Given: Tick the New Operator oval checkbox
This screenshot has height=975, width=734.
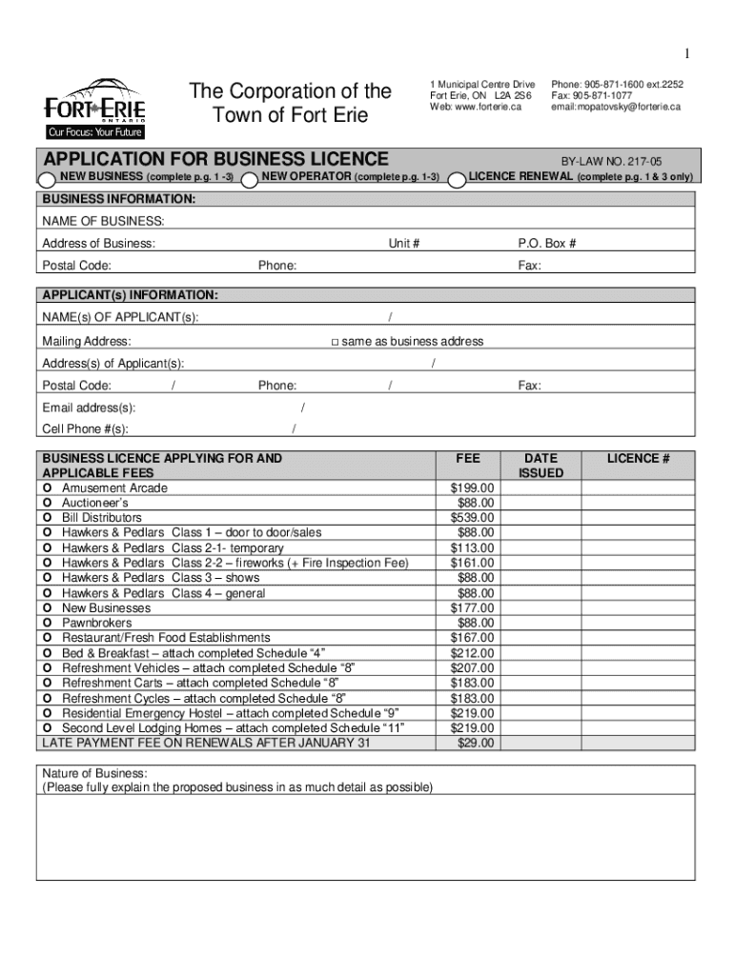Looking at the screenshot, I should pyautogui.click(x=251, y=178).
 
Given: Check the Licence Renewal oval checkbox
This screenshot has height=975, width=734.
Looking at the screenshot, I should pyautogui.click(x=457, y=178).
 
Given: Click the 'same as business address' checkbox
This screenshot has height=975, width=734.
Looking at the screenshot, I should pyautogui.click(x=335, y=342).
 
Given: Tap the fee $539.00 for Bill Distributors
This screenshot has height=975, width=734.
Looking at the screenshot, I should pyautogui.click(x=472, y=518).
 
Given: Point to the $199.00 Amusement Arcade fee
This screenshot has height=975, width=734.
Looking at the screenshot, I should pyautogui.click(x=472, y=488).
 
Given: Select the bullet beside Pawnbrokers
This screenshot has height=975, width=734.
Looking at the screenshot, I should pyautogui.click(x=47, y=623).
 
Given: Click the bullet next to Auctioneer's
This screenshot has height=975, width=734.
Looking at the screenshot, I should pyautogui.click(x=47, y=503).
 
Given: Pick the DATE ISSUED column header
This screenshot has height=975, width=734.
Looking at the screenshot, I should pyautogui.click(x=540, y=466).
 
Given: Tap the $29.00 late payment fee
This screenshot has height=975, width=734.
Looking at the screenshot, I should pyautogui.click(x=476, y=743).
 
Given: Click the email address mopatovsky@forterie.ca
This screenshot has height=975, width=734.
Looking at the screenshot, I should pyautogui.click(x=616, y=107).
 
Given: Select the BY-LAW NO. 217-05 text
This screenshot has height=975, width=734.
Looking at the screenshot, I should pyautogui.click(x=608, y=163).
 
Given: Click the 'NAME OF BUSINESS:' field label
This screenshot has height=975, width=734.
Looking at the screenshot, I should pyautogui.click(x=103, y=222).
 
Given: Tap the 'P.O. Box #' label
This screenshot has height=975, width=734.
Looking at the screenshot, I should pyautogui.click(x=546, y=244).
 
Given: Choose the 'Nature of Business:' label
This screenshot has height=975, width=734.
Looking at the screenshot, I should pyautogui.click(x=93, y=773).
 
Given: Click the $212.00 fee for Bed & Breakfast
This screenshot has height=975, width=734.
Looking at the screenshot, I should pyautogui.click(x=472, y=653).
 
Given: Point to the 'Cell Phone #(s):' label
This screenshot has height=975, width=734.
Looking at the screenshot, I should pyautogui.click(x=85, y=429).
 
